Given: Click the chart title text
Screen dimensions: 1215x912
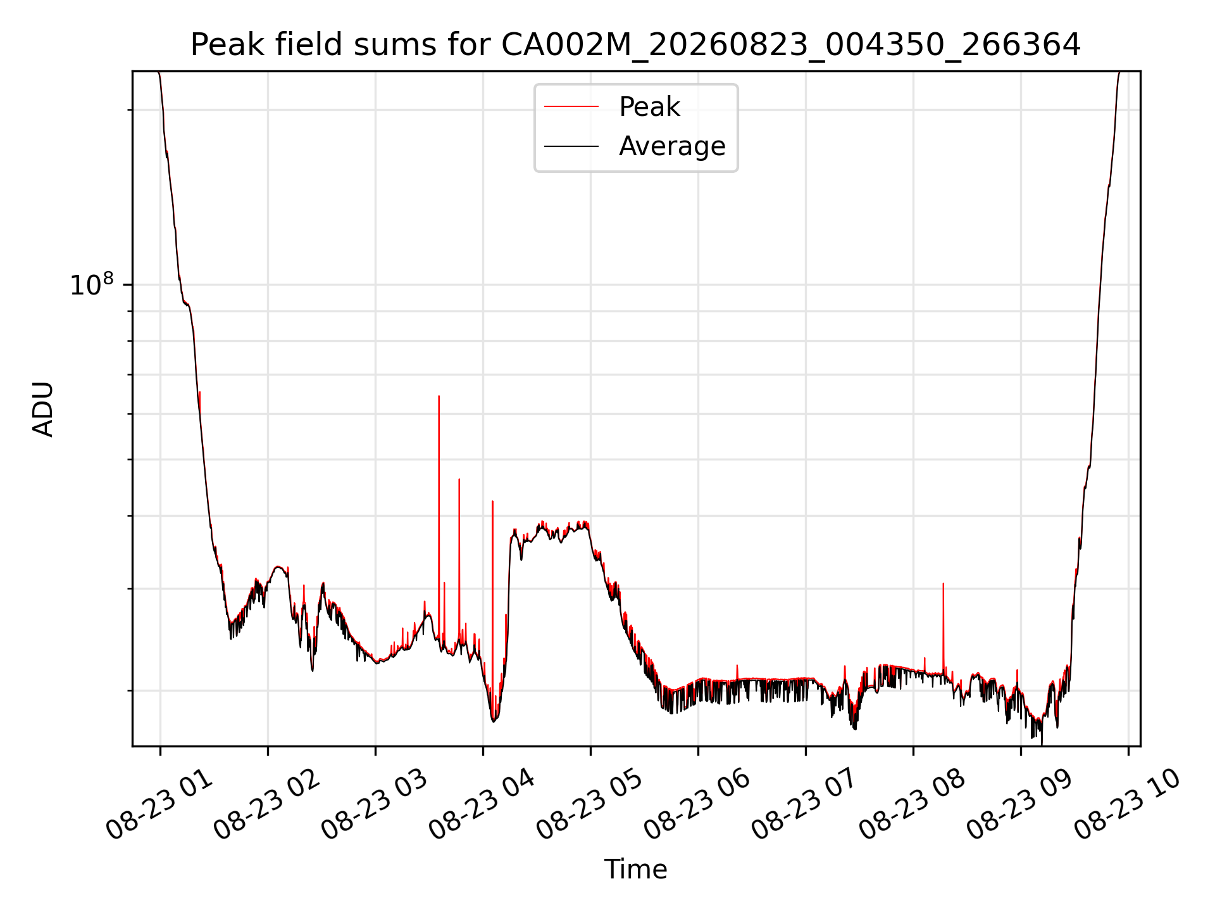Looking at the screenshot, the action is [x=635, y=45].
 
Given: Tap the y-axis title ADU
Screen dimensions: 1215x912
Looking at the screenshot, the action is [x=43, y=409].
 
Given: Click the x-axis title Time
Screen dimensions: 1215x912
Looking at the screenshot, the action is [x=635, y=870].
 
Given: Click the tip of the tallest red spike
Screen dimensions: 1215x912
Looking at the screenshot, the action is [x=439, y=396].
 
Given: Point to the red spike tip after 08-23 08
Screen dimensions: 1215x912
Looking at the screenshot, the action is [x=943, y=583].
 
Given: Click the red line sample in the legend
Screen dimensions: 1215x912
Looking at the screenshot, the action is [x=571, y=107].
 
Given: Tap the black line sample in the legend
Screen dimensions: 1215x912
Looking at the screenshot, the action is [x=571, y=146].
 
